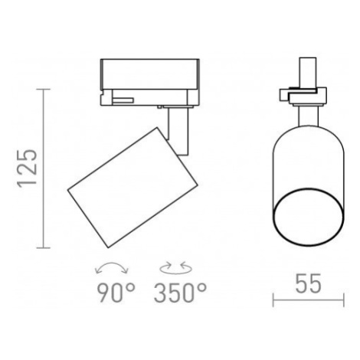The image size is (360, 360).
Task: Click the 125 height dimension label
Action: point(27,168)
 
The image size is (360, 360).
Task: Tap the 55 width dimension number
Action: point(308,283)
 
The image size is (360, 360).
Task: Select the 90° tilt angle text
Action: point(116,293)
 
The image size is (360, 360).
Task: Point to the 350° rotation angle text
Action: point(180,293)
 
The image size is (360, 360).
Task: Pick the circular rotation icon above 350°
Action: point(175,269)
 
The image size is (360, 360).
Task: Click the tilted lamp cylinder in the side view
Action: point(133,188)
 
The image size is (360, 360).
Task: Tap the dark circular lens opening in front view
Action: point(309,218)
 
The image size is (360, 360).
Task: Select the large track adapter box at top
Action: point(150,74)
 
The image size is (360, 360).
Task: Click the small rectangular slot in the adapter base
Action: point(123,100)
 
